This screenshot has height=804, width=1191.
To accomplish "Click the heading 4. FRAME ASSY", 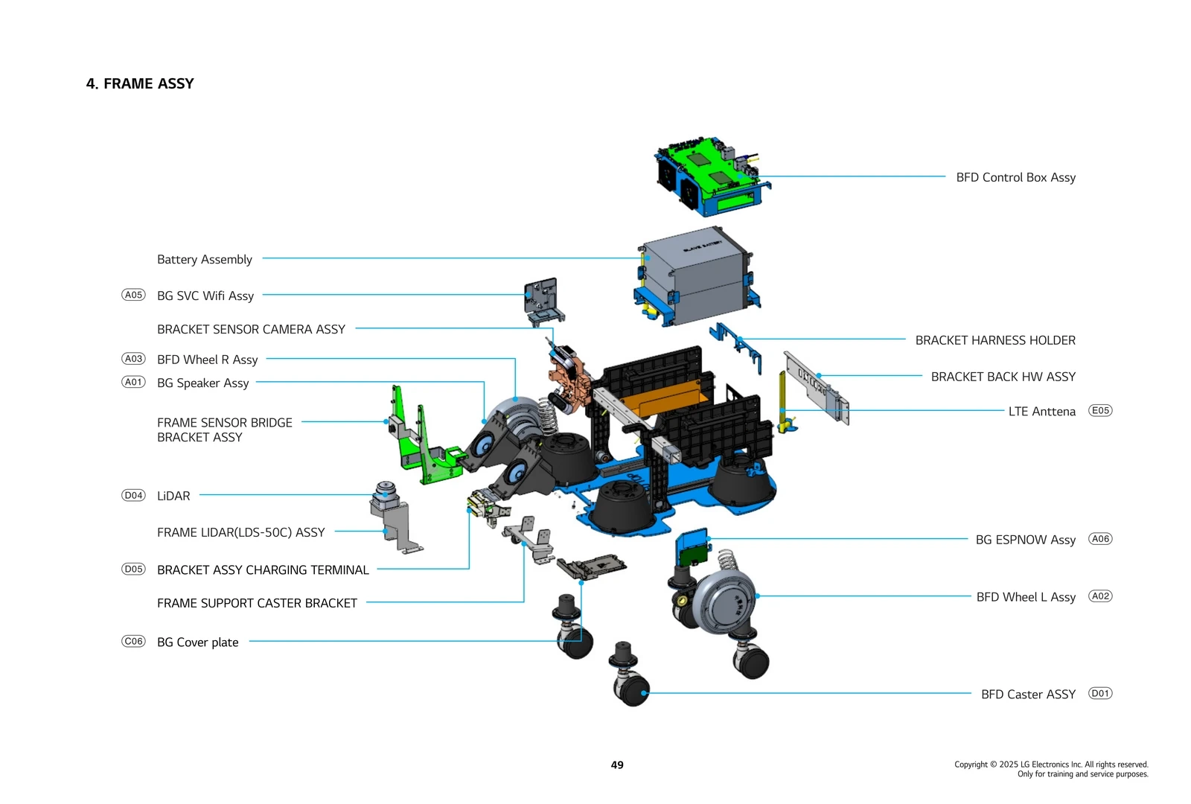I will [x=140, y=83].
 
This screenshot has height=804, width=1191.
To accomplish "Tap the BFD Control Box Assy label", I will [x=1015, y=177].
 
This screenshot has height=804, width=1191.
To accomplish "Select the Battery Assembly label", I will [x=205, y=259].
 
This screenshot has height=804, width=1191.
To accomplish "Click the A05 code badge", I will [x=133, y=295].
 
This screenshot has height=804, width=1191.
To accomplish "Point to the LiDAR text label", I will [x=173, y=496].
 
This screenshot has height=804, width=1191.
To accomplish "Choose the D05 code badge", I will [x=133, y=569].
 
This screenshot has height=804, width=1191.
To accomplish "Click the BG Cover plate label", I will [x=198, y=642].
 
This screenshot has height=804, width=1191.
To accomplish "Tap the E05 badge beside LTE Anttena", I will [x=1100, y=410].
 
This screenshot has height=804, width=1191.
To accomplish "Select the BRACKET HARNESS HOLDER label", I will [x=995, y=340].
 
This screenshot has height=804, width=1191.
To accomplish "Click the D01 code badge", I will [x=1100, y=693].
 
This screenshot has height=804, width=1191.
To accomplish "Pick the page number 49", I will [x=617, y=765].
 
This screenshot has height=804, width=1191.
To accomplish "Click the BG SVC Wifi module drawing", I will [x=541, y=299].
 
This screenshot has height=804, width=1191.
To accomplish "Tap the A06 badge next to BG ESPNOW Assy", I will [x=1100, y=538].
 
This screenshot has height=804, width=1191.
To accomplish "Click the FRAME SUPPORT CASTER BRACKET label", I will [x=257, y=603].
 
